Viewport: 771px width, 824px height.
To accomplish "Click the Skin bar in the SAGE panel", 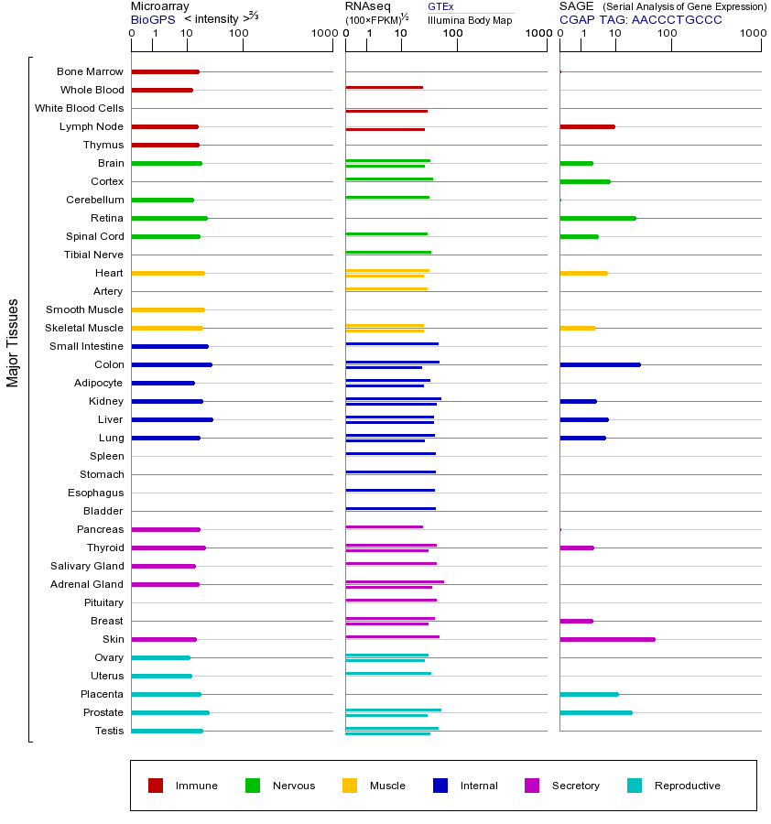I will pyautogui.click(x=607, y=639).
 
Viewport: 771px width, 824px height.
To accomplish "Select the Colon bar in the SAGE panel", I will pyautogui.click(x=600, y=364).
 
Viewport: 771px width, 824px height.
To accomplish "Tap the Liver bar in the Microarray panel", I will pyautogui.click(x=172, y=419).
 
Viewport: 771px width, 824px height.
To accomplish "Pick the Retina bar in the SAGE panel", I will pyautogui.click(x=597, y=218).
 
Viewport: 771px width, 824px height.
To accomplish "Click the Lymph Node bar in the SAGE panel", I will pyautogui.click(x=587, y=126).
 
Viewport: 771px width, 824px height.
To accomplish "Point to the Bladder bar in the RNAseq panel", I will pyautogui.click(x=390, y=508).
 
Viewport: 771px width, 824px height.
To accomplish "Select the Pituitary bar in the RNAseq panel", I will pyautogui.click(x=391, y=600).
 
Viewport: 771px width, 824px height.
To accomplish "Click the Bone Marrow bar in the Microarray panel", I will pyautogui.click(x=165, y=71).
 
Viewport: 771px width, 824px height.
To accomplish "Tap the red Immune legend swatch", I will pyautogui.click(x=156, y=786).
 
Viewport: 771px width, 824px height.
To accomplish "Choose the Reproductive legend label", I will pyautogui.click(x=688, y=786).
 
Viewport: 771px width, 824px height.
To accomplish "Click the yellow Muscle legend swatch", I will pyautogui.click(x=350, y=786).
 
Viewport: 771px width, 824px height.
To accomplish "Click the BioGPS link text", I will pyautogui.click(x=152, y=19).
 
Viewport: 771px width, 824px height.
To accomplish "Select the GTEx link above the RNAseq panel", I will pyautogui.click(x=440, y=6).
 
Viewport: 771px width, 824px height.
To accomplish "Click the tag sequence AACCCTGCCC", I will pyautogui.click(x=677, y=19).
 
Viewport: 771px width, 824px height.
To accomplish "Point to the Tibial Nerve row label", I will pyautogui.click(x=93, y=255).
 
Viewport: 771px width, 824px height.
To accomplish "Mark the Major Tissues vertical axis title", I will pyautogui.click(x=13, y=342).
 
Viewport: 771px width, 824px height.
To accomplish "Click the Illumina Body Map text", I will pyautogui.click(x=470, y=20).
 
